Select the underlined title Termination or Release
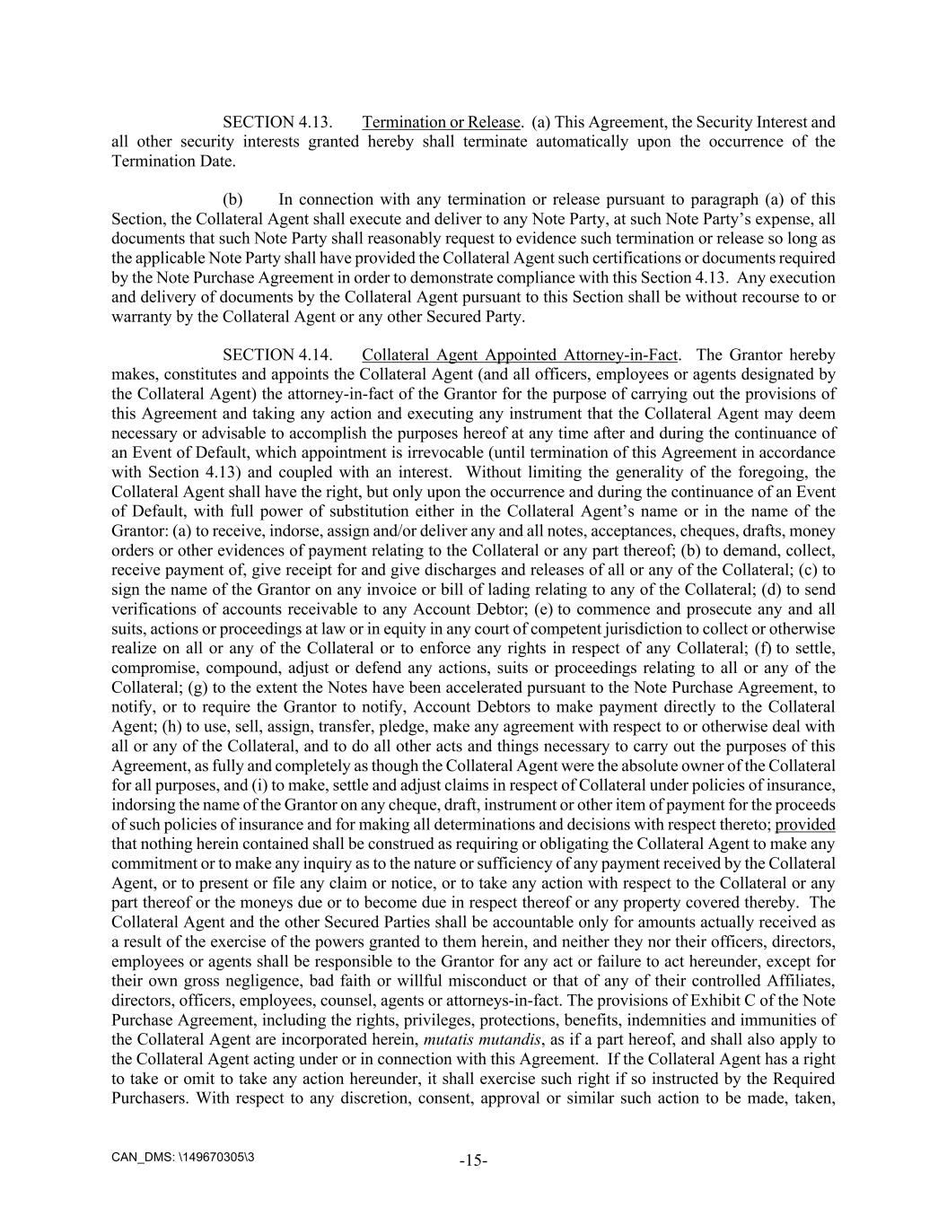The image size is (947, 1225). (x=441, y=122)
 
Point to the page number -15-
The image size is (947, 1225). (x=473, y=1160)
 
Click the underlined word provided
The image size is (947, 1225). (x=805, y=825)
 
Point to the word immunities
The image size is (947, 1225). (x=794, y=1020)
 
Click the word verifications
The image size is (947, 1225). (x=153, y=609)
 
